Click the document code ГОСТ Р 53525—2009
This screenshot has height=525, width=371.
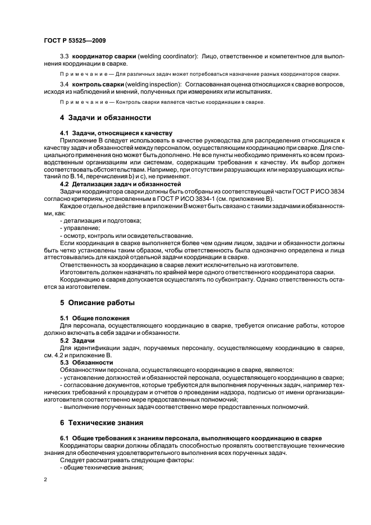[x=75, y=41]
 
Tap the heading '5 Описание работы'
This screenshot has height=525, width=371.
[x=97, y=302]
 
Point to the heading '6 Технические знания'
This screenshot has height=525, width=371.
[x=102, y=422]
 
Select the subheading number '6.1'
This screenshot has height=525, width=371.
[x=65, y=437]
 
